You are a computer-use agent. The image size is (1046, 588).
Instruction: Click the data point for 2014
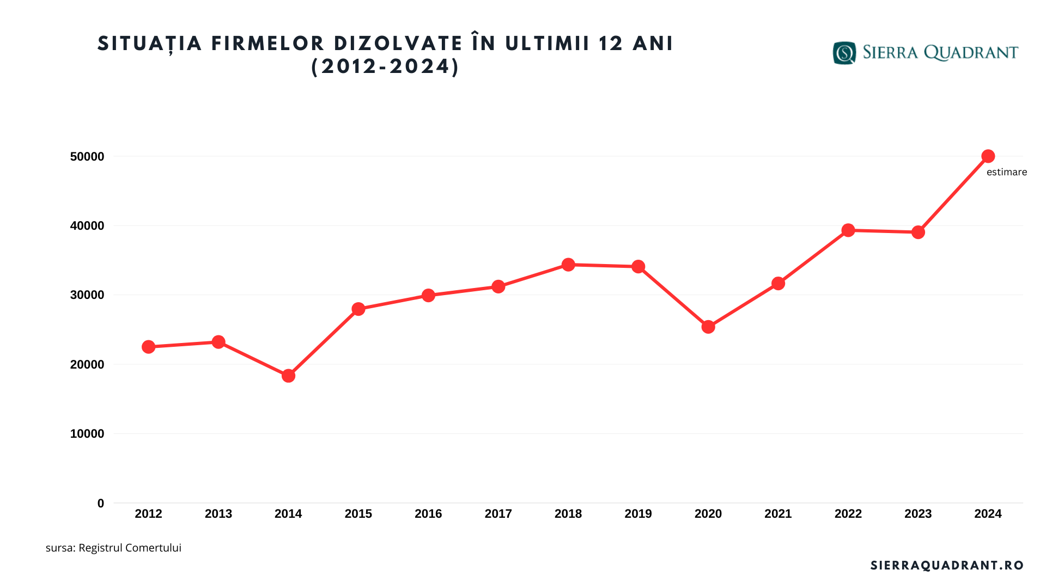pyautogui.click(x=288, y=376)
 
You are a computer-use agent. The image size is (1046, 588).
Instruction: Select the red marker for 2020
pyautogui.click(x=708, y=327)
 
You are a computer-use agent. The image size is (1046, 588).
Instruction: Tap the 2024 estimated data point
pyautogui.click(x=988, y=156)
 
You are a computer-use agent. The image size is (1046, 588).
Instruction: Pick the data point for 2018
pyautogui.click(x=568, y=265)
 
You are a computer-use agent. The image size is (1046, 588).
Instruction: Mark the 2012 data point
pyautogui.click(x=148, y=347)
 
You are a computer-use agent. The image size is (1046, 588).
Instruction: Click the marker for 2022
pyautogui.click(x=848, y=230)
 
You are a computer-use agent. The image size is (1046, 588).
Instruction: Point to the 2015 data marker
pyautogui.click(x=358, y=309)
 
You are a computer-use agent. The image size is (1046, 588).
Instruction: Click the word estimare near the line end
pyautogui.click(x=1006, y=172)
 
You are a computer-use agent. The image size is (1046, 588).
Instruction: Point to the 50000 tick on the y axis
pyautogui.click(x=87, y=157)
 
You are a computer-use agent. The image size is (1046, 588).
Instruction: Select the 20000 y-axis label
pyautogui.click(x=87, y=365)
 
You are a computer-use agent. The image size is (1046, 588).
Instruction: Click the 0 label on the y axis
pyautogui.click(x=100, y=504)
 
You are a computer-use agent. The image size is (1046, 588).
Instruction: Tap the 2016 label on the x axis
pyautogui.click(x=428, y=514)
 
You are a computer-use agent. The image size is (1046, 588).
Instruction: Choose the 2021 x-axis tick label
pyautogui.click(x=778, y=514)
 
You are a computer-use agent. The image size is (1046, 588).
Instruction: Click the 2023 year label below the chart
pyautogui.click(x=918, y=514)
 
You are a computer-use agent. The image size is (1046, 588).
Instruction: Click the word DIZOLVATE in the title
pyautogui.click(x=398, y=44)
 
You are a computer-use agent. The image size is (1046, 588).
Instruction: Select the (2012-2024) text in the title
pyautogui.click(x=385, y=66)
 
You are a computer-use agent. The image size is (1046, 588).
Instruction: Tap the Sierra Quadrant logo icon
pyautogui.click(x=844, y=53)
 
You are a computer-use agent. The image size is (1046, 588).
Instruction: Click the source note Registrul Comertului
pyautogui.click(x=130, y=548)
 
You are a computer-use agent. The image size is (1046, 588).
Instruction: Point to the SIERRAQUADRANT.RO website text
pyautogui.click(x=947, y=566)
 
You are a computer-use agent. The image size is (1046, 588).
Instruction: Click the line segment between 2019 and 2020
pyautogui.click(x=673, y=297)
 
